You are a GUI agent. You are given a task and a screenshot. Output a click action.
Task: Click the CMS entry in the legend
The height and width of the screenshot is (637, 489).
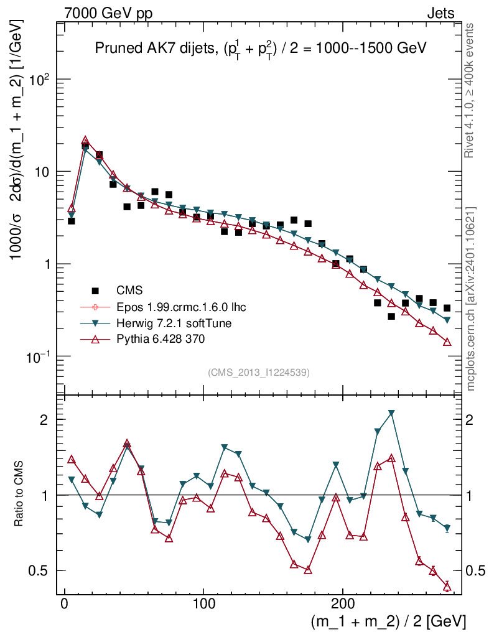pos(129,290)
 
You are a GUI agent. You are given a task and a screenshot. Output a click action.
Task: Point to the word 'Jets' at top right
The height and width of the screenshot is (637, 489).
pos(440,14)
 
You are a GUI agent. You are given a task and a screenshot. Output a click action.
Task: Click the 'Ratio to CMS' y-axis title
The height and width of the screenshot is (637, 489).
pos(19,495)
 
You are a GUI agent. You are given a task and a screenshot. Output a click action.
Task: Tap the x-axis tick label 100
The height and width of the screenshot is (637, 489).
pos(203,604)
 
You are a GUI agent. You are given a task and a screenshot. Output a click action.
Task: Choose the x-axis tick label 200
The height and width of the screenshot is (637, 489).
pos(343,604)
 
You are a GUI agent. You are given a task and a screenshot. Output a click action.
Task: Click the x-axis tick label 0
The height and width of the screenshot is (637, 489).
pos(64,604)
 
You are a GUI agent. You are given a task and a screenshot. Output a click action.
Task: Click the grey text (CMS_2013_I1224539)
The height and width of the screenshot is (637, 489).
pos(259,373)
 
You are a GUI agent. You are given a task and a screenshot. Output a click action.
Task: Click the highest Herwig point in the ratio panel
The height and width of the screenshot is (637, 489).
pos(391,413)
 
